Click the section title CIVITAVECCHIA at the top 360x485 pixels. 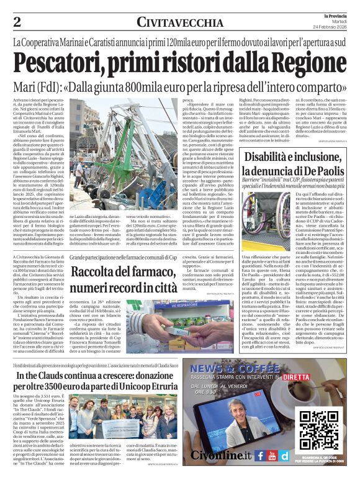pos(180,22)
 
